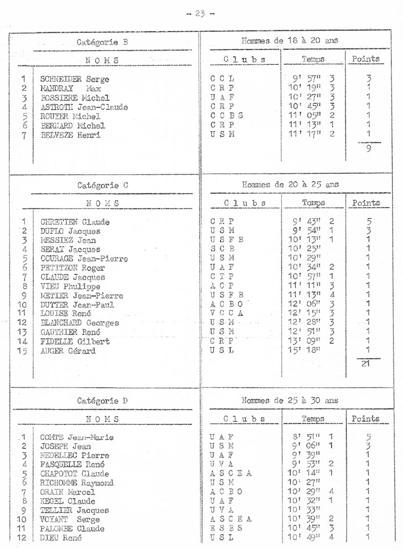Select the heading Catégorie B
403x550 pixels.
(102, 42)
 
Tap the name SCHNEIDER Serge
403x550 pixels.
(75, 79)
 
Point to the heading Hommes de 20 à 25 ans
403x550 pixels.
(290, 184)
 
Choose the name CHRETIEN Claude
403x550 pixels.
(75, 222)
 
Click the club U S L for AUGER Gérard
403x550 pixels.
(221, 351)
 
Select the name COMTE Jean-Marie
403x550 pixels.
(77, 437)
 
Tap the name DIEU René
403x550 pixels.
(61, 538)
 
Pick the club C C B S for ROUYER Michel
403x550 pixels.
(226, 116)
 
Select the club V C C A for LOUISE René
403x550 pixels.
(226, 314)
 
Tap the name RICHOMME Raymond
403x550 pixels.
(77, 483)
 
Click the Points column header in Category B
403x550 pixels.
(366, 59)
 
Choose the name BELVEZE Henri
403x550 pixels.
(71, 135)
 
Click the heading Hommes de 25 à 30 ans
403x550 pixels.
(289, 400)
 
